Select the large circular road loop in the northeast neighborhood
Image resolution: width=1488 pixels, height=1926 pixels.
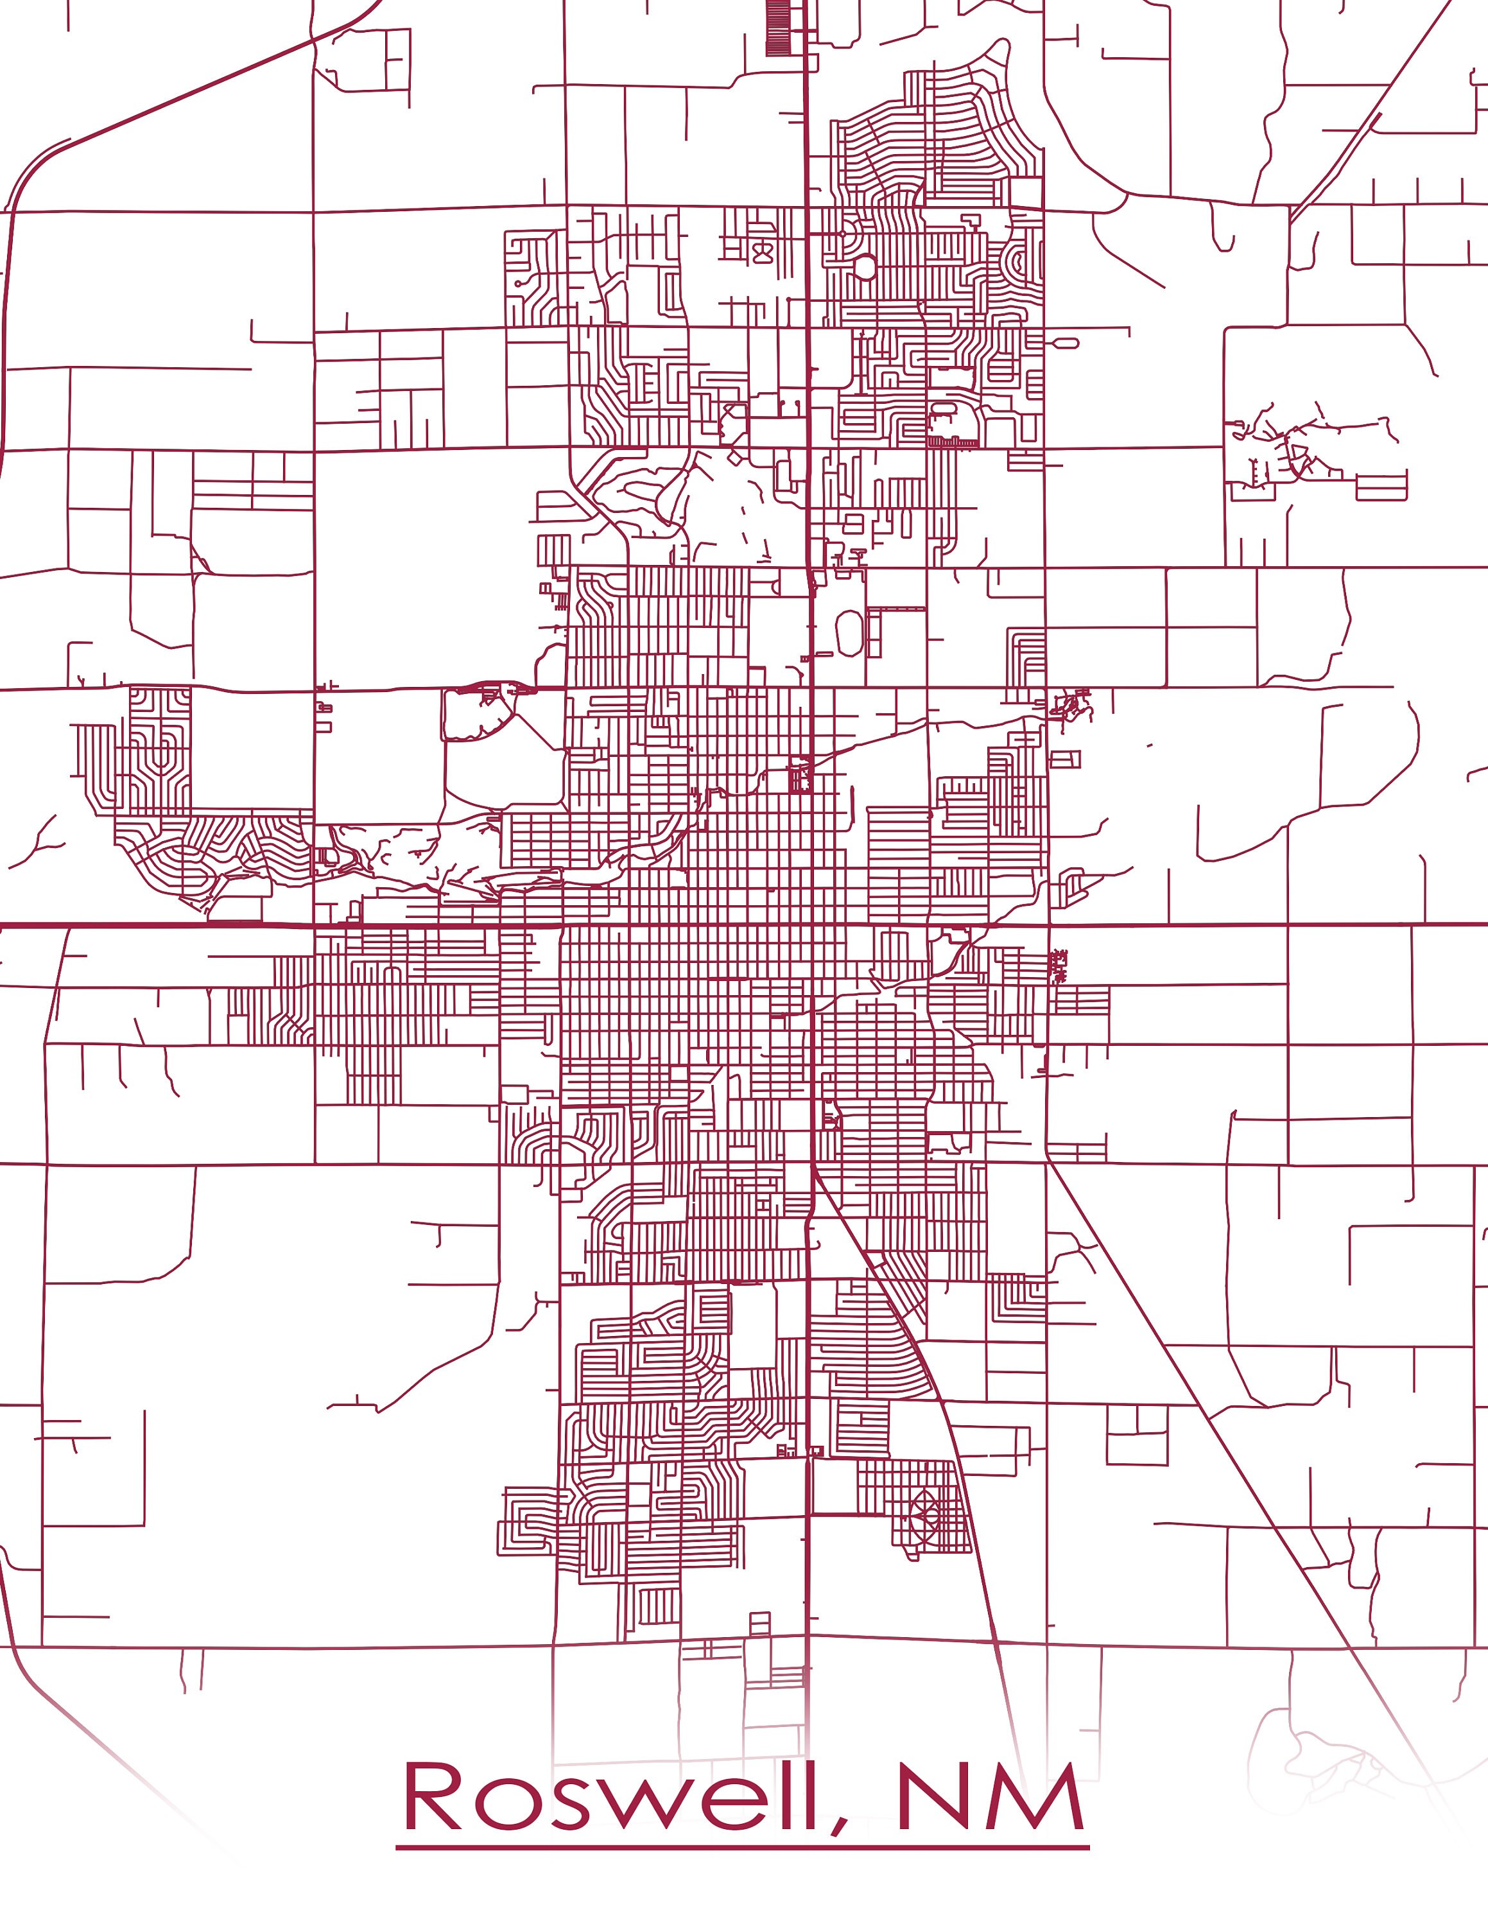[x=865, y=266]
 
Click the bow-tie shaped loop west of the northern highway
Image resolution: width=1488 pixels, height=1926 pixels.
[x=761, y=253]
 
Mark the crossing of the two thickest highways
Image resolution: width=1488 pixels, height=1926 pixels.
[x=809, y=925]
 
